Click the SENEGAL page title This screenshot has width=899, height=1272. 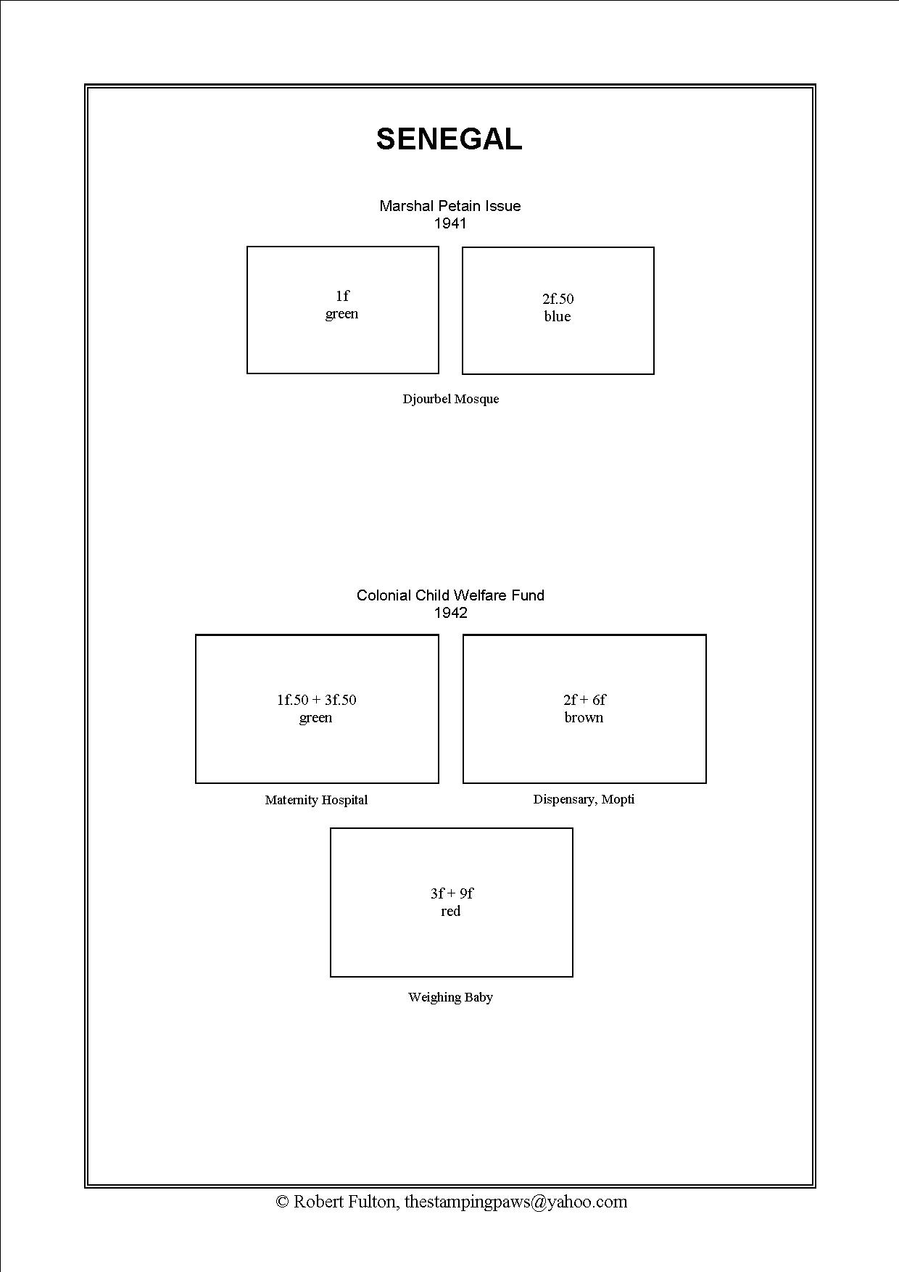coord(449,139)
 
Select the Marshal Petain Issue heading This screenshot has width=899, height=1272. coord(449,206)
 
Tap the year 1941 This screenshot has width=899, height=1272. coord(450,223)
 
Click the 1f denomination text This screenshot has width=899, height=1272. coord(342,296)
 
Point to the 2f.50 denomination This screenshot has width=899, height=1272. coord(558,299)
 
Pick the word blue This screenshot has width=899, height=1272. coord(558,316)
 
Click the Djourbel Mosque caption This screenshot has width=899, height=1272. coord(450,399)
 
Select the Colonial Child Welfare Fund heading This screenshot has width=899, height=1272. coord(450,595)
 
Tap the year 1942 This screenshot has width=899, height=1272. coord(450,613)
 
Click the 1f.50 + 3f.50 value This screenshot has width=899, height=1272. coord(316,700)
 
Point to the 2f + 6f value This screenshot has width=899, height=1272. coord(584,700)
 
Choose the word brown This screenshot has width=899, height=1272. coord(584,717)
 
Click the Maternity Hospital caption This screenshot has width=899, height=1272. coord(316,800)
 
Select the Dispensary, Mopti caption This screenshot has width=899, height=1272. coord(584,799)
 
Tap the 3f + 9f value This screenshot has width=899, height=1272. coord(451,893)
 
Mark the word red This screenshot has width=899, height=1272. coord(451,911)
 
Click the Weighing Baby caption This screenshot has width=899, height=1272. coord(450,997)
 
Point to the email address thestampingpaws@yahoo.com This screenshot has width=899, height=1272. coord(515,1202)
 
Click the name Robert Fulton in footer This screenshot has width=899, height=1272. coord(344,1202)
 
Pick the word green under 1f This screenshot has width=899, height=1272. coord(341,314)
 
